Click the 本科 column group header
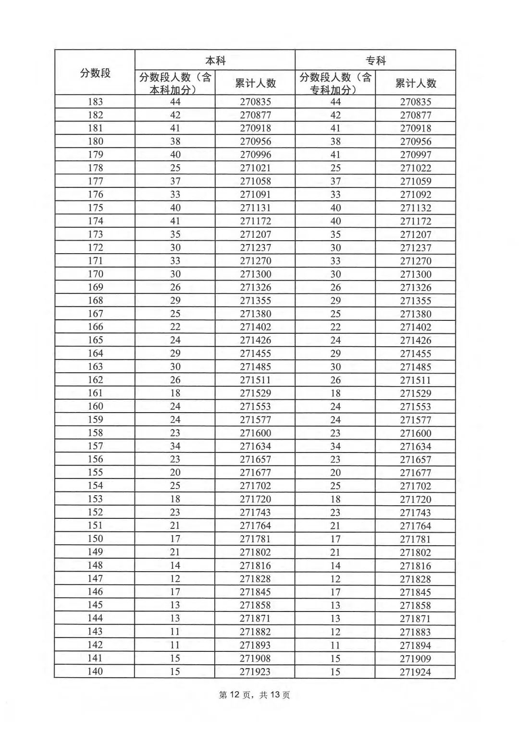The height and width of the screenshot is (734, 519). point(215,61)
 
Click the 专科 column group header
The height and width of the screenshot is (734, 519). point(375,61)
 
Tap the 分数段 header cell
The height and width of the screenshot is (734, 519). point(95,73)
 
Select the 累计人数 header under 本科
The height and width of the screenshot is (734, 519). point(255,83)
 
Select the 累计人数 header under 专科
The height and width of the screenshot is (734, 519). point(416,83)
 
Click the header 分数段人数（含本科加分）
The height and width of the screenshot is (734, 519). point(175,83)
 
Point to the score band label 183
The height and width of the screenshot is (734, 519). point(95,102)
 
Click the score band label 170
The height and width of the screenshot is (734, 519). point(95,274)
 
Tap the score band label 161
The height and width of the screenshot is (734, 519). point(95,393)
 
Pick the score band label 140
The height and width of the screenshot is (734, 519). point(95,671)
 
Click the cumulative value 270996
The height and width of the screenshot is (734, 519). point(255,155)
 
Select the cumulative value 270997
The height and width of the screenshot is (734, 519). point(416,155)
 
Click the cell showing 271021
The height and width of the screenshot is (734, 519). point(255,168)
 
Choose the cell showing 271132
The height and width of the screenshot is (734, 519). point(416,208)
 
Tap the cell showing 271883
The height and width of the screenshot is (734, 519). point(416,632)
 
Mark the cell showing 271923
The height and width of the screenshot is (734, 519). point(255,671)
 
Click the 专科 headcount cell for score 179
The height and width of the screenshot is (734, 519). point(335,155)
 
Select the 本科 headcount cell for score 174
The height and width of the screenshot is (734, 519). point(175,221)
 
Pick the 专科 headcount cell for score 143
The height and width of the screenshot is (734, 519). point(335,632)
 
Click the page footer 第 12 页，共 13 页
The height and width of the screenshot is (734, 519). point(254,695)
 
